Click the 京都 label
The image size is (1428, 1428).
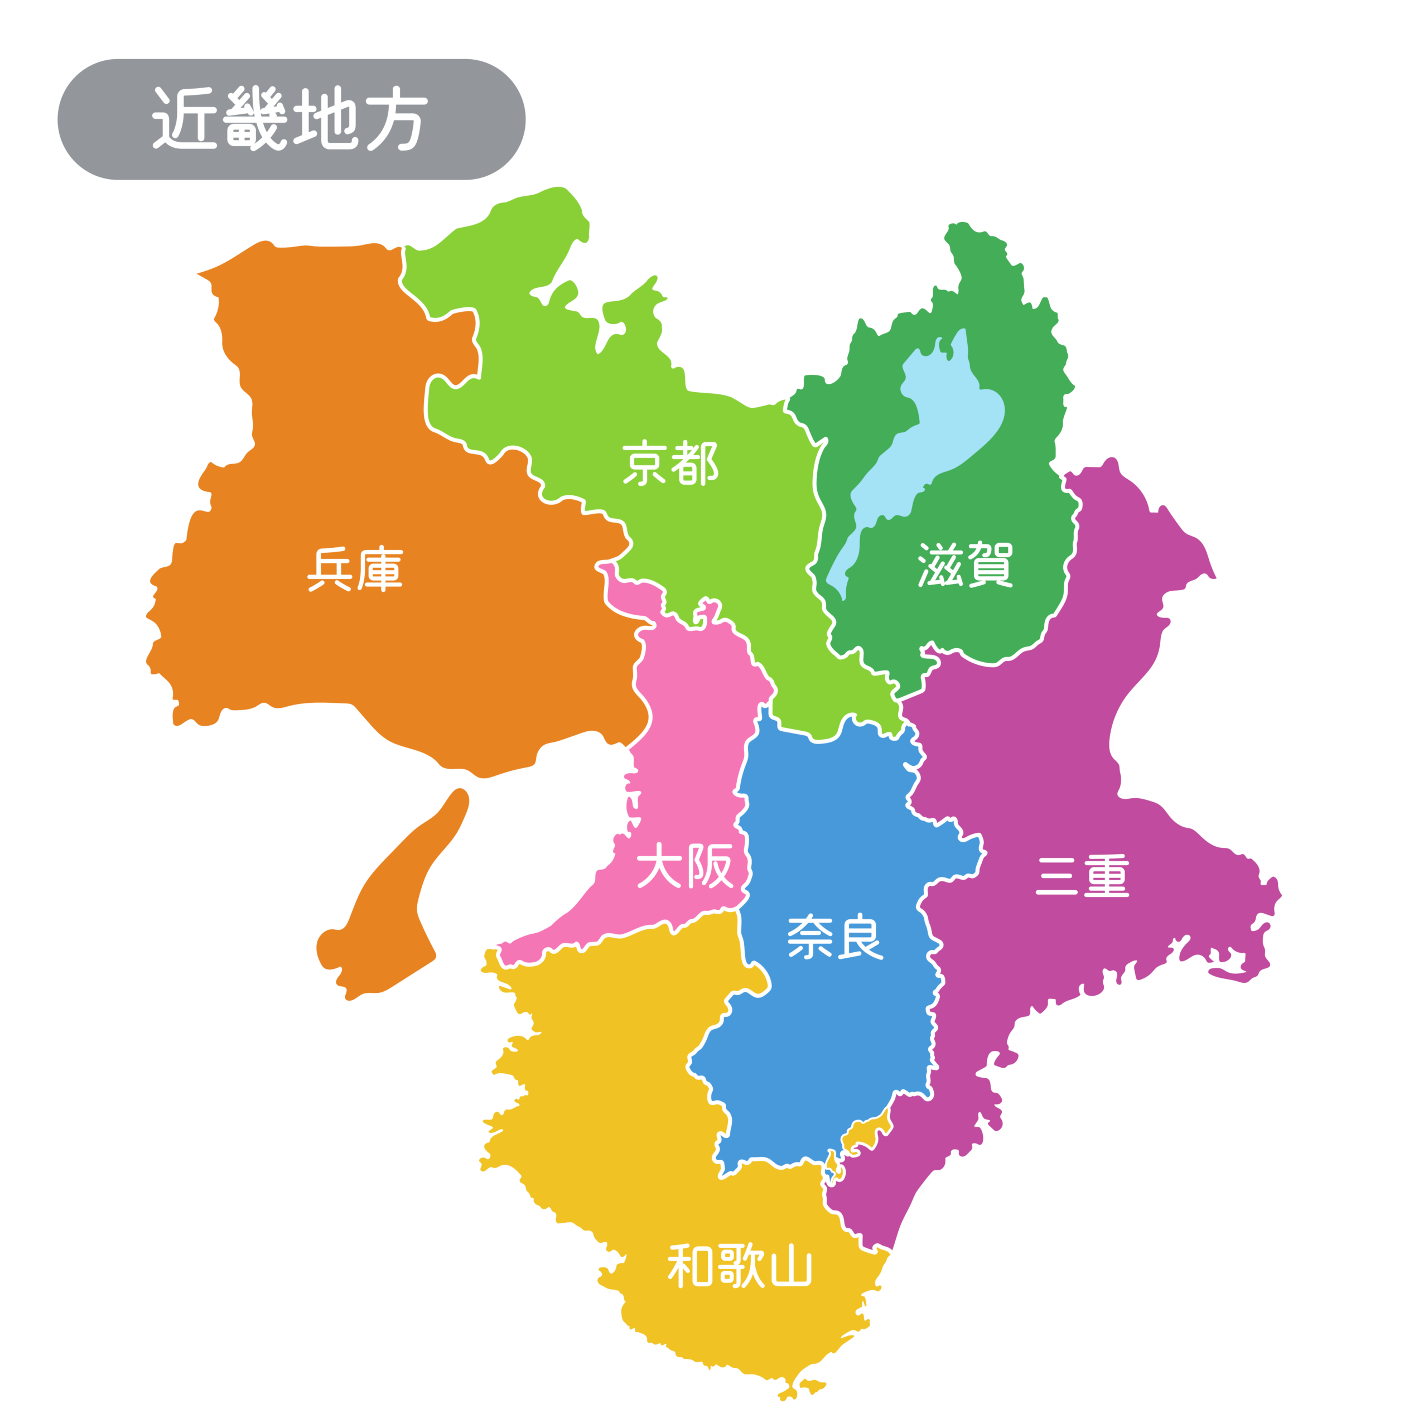click(669, 464)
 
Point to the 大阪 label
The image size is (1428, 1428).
click(684, 866)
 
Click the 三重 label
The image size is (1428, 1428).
click(1082, 877)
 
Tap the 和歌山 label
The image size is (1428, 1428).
click(739, 1266)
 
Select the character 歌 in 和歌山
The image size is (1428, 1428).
click(739, 1266)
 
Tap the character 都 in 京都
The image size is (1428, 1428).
click(695, 464)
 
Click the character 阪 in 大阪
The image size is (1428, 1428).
click(710, 866)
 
